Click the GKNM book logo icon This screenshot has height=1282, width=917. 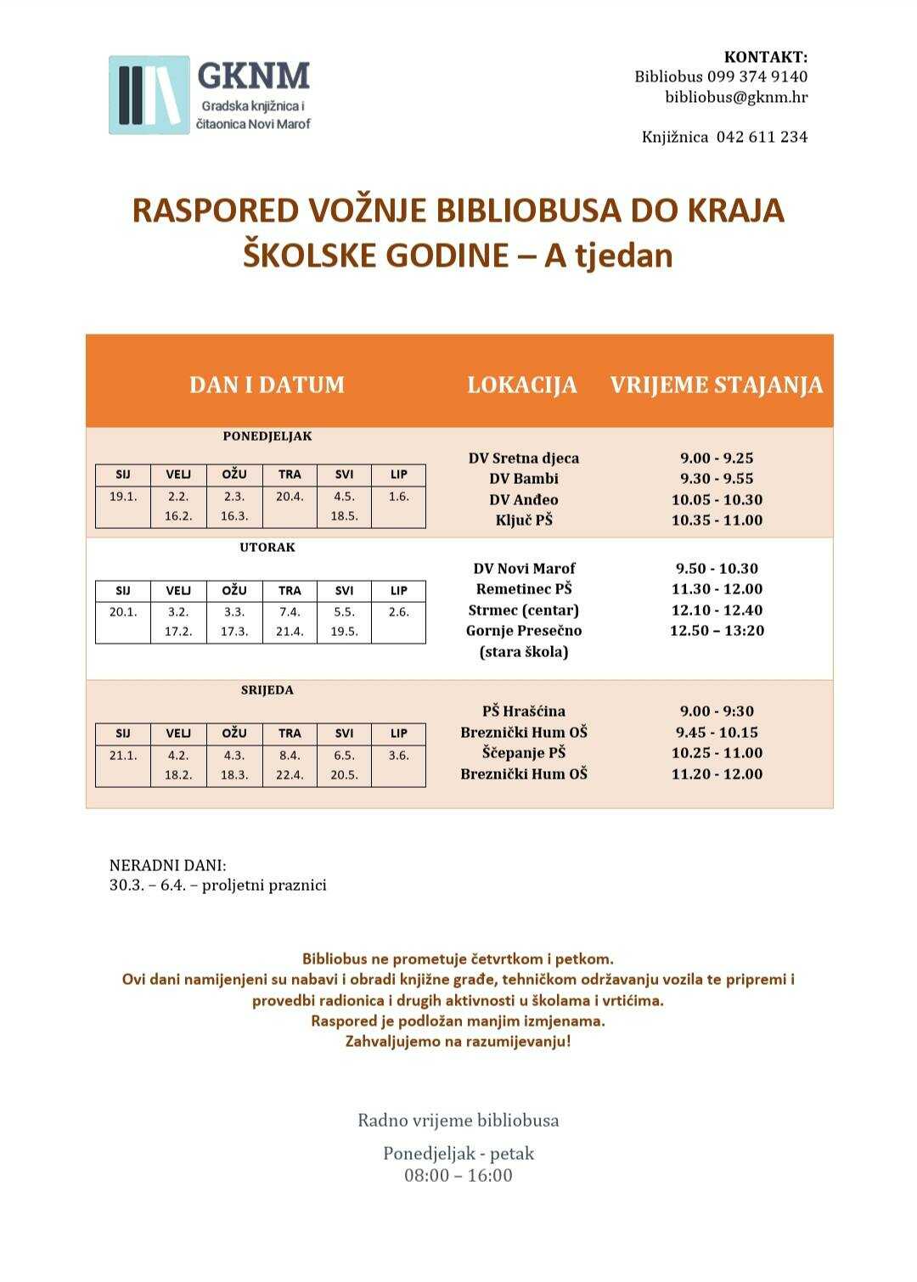pos(149,95)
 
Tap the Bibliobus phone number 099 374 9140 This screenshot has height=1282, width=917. pos(757,76)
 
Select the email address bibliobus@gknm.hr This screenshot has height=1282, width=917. pos(735,97)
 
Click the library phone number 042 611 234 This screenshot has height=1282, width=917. pos(762,137)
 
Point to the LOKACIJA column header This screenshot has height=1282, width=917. pos(521,385)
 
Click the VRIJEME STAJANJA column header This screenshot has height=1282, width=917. pos(716,385)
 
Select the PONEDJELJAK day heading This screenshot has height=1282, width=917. pos(267,436)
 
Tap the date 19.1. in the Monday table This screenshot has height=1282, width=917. pos(123,497)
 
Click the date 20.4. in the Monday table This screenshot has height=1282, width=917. pos(290,497)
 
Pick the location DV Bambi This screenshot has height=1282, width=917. pos(523,479)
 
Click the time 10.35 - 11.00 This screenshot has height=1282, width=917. pos(717,520)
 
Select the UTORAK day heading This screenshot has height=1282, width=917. pos(267,548)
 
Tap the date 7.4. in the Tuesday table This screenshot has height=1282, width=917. pos(290,612)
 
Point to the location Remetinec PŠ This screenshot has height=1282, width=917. pos(523,589)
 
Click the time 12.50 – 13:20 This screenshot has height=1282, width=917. pos(717,631)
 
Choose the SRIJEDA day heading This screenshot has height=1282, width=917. pos(267,690)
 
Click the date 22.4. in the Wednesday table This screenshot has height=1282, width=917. pos(290,775)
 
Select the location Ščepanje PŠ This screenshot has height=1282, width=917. pos(523,753)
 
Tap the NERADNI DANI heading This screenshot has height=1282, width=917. pos(168,866)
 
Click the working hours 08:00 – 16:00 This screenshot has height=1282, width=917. pos(458,1176)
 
